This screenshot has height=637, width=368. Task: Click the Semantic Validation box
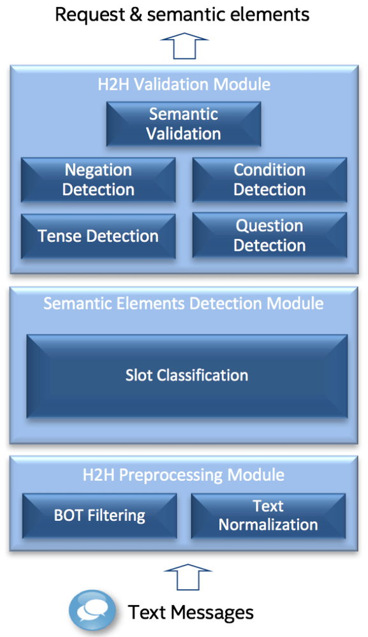pyautogui.click(x=184, y=124)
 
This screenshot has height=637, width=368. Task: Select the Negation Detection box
pyautogui.click(x=98, y=180)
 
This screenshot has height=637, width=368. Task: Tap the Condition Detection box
pyautogui.click(x=270, y=180)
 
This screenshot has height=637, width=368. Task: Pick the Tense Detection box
pyautogui.click(x=98, y=236)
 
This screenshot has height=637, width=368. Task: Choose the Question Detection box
pyautogui.click(x=270, y=236)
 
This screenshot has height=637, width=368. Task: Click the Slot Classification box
pyautogui.click(x=187, y=376)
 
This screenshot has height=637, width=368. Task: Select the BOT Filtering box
pyautogui.click(x=99, y=516)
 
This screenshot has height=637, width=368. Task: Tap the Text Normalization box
pyautogui.click(x=268, y=516)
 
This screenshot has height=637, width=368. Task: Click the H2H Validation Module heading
pyautogui.click(x=184, y=85)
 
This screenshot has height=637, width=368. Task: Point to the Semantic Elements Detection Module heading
pyautogui.click(x=184, y=304)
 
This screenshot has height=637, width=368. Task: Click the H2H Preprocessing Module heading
pyautogui.click(x=184, y=475)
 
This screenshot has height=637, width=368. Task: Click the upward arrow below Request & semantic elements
pyautogui.click(x=184, y=46)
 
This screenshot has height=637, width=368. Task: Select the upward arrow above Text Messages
pyautogui.click(x=188, y=577)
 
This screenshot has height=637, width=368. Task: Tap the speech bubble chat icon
pyautogui.click(x=92, y=610)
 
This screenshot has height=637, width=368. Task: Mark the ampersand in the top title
pyautogui.click(x=134, y=14)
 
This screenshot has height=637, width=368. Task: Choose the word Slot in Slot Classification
pyautogui.click(x=139, y=376)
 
